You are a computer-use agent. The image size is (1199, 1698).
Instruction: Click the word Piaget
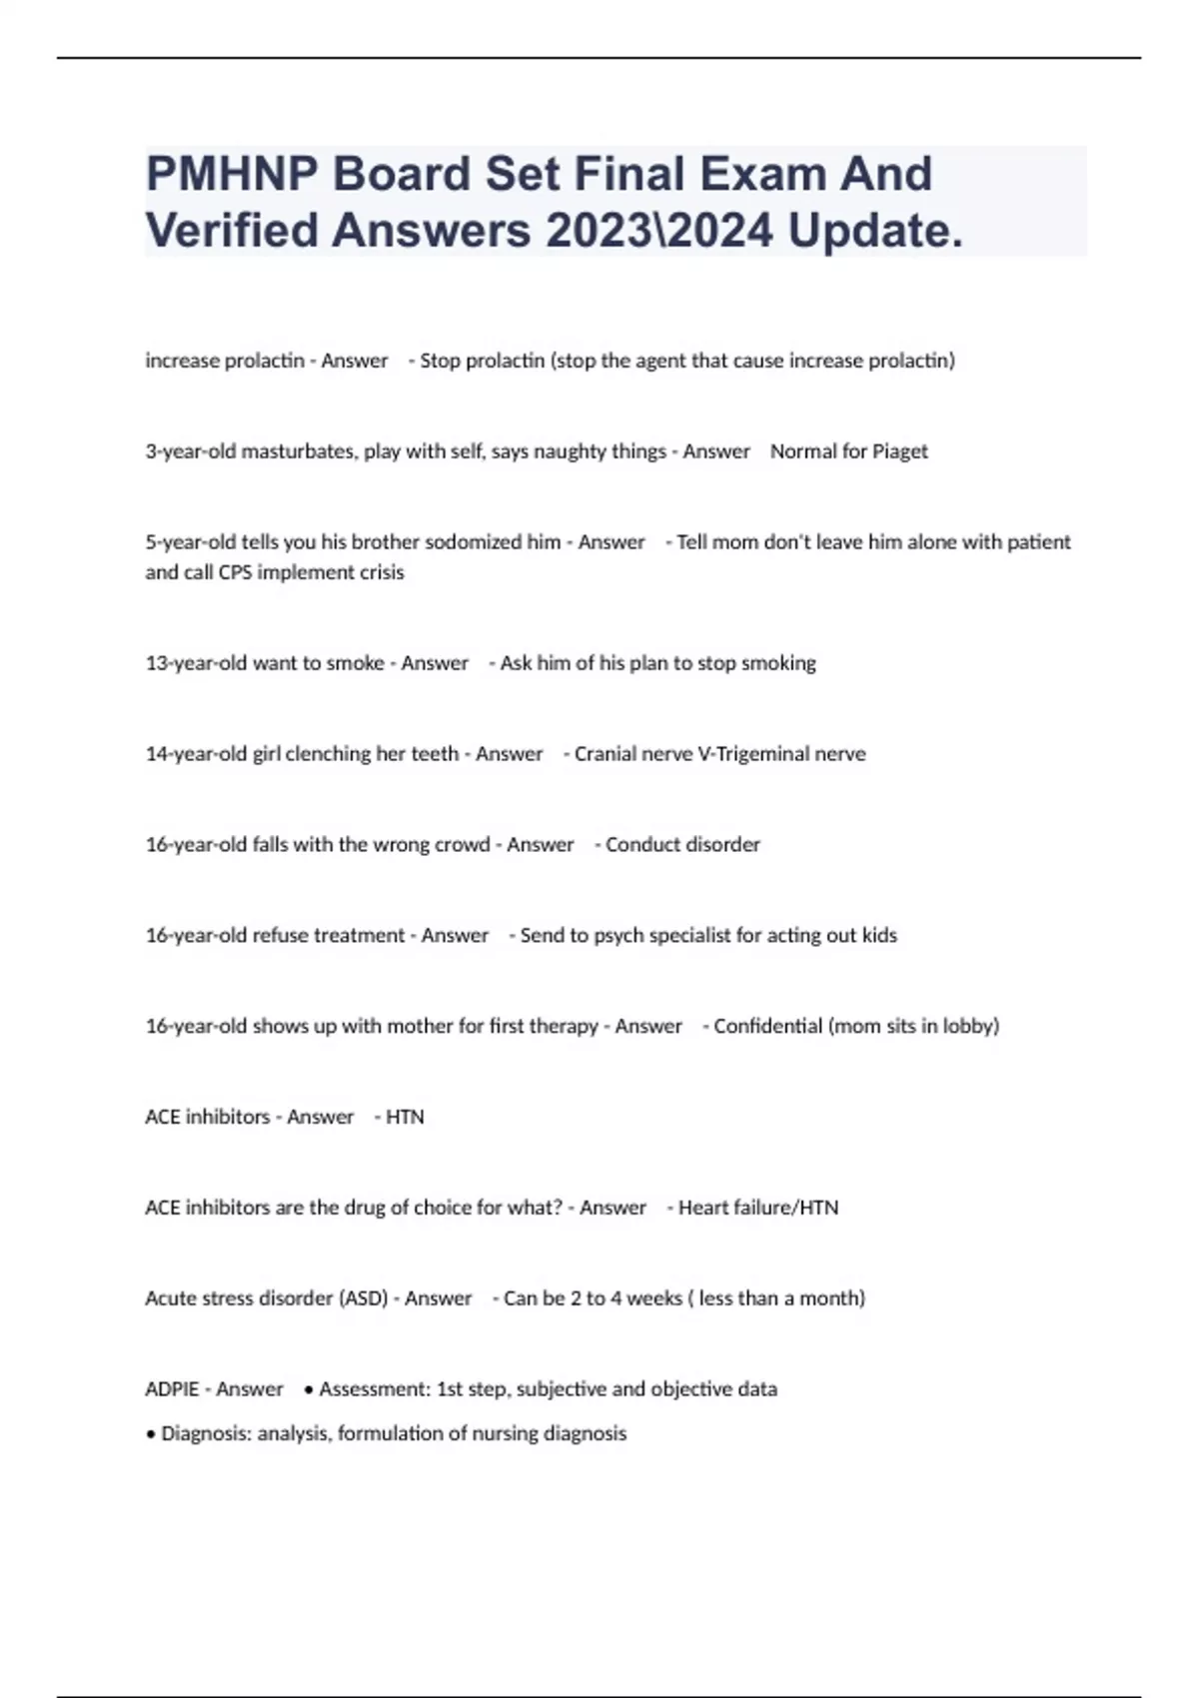[x=900, y=451]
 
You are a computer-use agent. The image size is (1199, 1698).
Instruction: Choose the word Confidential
[x=767, y=1027]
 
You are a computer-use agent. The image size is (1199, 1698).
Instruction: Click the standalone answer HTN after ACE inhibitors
[x=405, y=1118]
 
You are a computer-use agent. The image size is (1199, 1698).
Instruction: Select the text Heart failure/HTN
[x=758, y=1208]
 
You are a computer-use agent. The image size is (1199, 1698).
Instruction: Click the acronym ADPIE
[x=172, y=1389]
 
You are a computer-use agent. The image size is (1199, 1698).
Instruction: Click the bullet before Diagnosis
[x=151, y=1434]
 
